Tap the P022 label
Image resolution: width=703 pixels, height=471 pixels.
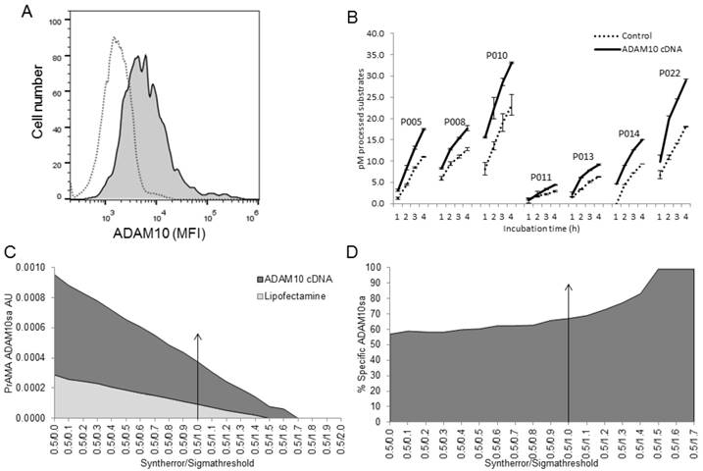click(670, 73)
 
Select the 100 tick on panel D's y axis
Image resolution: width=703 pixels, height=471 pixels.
click(393, 267)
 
